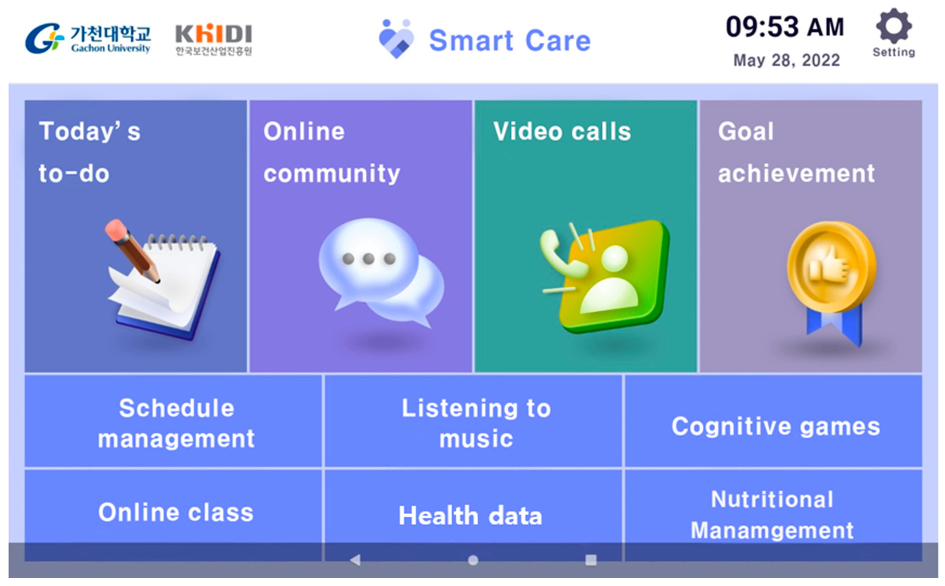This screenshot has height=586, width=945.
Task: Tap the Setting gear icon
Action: coord(893,26)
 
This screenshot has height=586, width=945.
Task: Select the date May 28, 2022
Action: coord(786,60)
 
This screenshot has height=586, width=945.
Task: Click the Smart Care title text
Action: coord(510,40)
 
